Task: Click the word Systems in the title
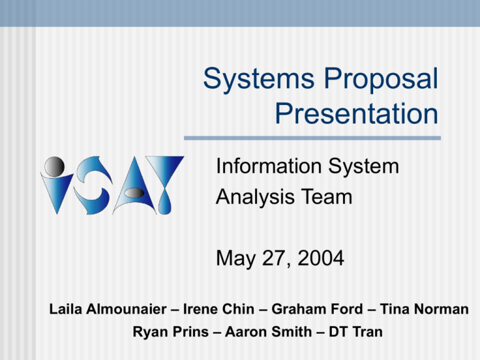pyautogui.click(x=259, y=79)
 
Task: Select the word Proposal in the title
pyautogui.click(x=381, y=79)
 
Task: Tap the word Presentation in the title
pyautogui.click(x=357, y=114)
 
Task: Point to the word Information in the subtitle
pyautogui.click(x=269, y=166)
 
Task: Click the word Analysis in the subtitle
pyautogui.click(x=256, y=197)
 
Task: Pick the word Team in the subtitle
pyautogui.click(x=327, y=197)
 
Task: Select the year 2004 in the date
pyautogui.click(x=321, y=258)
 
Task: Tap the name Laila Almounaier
pyautogui.click(x=108, y=309)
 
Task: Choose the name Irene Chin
pyautogui.click(x=219, y=309)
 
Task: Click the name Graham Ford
pyautogui.click(x=317, y=309)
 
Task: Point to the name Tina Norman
pyautogui.click(x=424, y=309)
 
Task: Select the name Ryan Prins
pyautogui.click(x=171, y=332)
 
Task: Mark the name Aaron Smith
pyautogui.click(x=268, y=332)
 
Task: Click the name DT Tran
pyautogui.click(x=356, y=332)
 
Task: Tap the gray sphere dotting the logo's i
pyautogui.click(x=54, y=167)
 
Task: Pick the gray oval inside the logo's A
pyautogui.click(x=135, y=193)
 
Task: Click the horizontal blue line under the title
pyautogui.click(x=312, y=138)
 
